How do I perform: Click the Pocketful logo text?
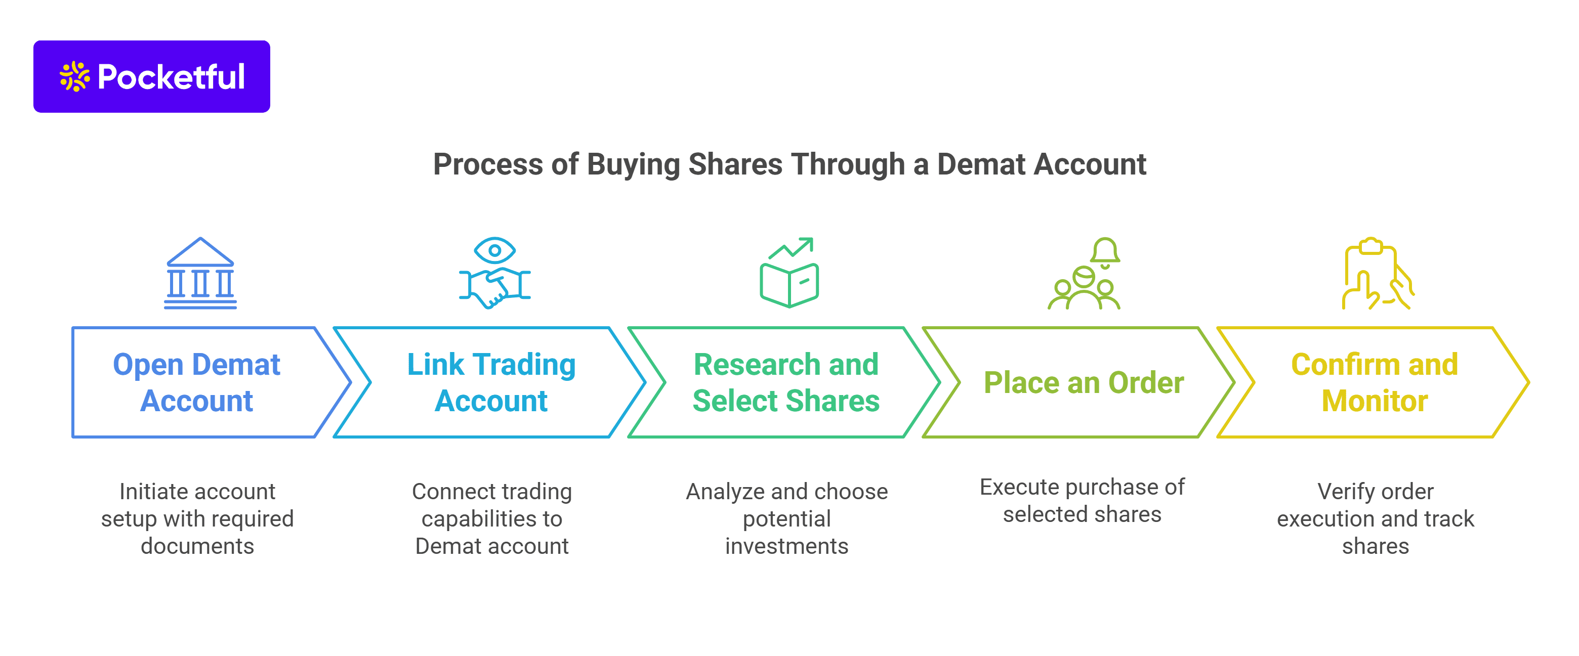[x=171, y=77]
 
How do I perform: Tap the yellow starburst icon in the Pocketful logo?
[x=75, y=76]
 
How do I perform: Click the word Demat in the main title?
[x=981, y=164]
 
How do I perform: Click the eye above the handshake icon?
[x=494, y=250]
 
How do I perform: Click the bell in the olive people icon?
[x=1105, y=253]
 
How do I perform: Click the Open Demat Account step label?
[x=197, y=382]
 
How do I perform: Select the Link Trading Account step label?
[x=491, y=382]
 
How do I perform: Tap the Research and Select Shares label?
[x=786, y=382]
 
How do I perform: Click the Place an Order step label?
[x=1084, y=383]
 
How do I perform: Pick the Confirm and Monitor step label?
[x=1375, y=382]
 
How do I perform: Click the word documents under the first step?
[x=197, y=546]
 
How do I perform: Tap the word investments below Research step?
[x=786, y=546]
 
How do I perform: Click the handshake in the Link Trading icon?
[x=494, y=287]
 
